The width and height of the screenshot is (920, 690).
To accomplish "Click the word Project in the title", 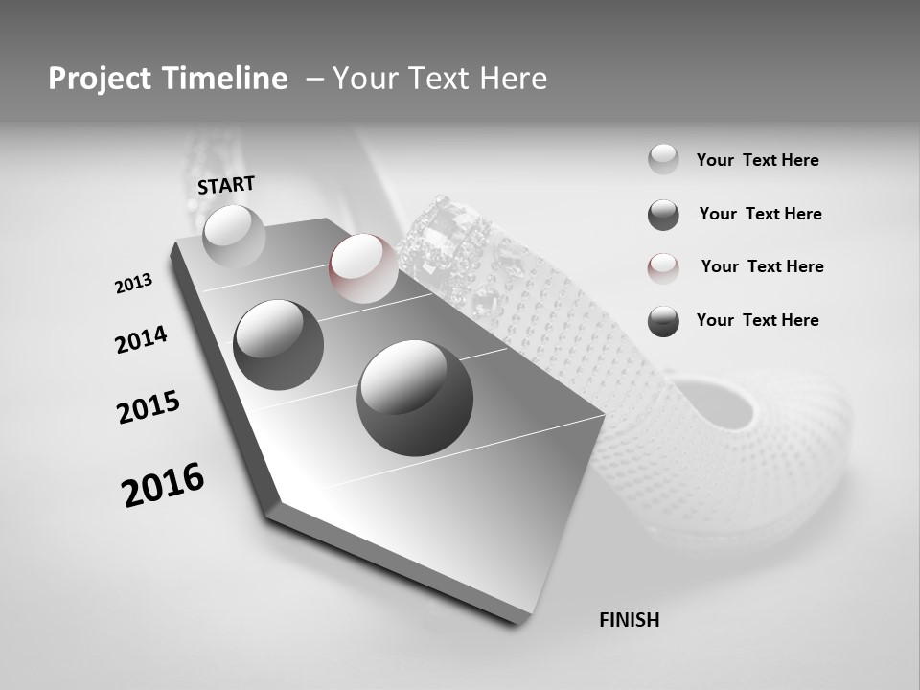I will point(96,79).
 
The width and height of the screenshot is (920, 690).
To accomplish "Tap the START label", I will point(226,185).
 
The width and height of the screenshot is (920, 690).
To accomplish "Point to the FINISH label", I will point(630,620).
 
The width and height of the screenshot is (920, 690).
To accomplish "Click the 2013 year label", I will point(133,284).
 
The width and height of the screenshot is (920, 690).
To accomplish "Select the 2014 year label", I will point(141,339).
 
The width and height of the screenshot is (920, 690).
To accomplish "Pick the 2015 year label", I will point(149,407).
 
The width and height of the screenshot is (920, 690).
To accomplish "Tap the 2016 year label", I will point(163,485).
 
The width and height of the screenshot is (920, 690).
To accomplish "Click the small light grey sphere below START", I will point(234,236).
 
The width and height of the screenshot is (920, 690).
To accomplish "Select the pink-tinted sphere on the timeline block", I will point(363,268).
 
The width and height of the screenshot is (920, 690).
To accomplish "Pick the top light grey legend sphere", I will point(663,160).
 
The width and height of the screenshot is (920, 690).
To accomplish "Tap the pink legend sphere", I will point(663,267).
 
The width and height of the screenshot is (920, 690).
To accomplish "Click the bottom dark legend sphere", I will point(663,321).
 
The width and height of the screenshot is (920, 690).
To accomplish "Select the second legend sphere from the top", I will point(663,215).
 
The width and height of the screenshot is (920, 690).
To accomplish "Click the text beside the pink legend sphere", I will point(762,266).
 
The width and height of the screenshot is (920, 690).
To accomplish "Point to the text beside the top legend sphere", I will point(757,160).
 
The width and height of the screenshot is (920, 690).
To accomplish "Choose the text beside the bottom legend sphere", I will point(757,320).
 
